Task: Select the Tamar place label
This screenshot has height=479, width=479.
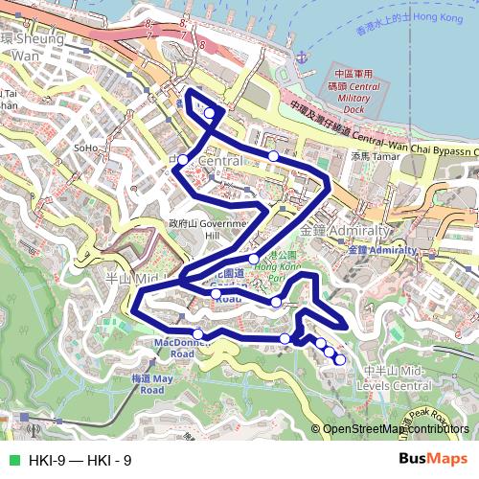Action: (374, 154)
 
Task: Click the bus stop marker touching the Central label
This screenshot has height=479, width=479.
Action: (182, 159)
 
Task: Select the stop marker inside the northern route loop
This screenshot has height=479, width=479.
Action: (210, 114)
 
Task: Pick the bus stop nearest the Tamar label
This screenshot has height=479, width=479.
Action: (274, 155)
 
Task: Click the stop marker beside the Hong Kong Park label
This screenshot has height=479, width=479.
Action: (254, 259)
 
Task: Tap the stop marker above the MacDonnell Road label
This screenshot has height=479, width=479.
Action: (197, 333)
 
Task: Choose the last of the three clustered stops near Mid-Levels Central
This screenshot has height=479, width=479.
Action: (340, 359)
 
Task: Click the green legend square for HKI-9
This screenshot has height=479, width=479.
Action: (13, 461)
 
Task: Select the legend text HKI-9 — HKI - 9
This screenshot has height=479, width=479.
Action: (80, 461)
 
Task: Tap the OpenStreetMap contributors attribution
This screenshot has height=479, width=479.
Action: (396, 429)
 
